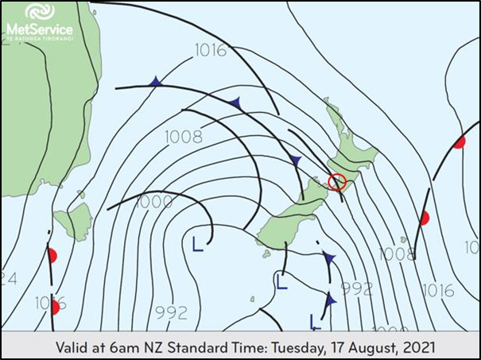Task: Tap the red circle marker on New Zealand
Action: click(336, 182)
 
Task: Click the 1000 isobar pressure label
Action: click(154, 202)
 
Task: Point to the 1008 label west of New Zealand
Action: click(184, 137)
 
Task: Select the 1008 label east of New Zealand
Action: click(397, 254)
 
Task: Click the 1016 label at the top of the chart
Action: click(210, 51)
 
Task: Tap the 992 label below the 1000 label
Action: click(172, 311)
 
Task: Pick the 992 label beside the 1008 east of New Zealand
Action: click(357, 288)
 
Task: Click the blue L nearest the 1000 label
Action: click(196, 242)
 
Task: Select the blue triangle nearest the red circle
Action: click(297, 161)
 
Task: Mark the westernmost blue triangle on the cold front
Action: click(156, 82)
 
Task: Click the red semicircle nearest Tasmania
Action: click(52, 255)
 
